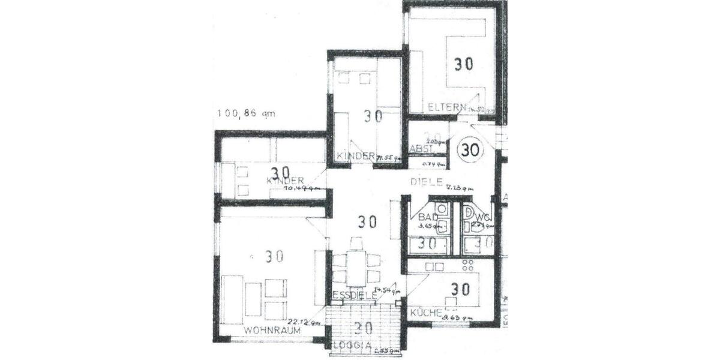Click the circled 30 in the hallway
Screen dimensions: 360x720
[471, 150]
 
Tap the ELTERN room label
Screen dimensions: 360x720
[447, 107]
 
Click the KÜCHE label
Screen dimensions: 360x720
[427, 313]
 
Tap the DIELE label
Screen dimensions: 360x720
[427, 181]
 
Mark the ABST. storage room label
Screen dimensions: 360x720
[421, 148]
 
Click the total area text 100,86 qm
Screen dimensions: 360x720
[246, 113]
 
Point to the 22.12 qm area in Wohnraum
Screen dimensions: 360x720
[304, 321]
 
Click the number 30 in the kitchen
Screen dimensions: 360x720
[460, 289]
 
